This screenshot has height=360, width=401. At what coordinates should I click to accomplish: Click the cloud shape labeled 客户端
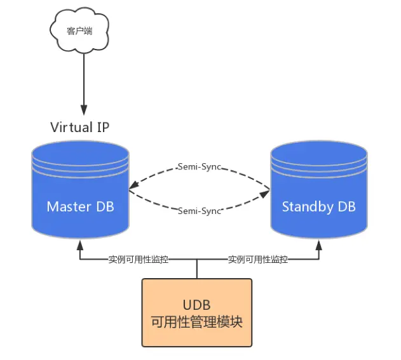(79, 32)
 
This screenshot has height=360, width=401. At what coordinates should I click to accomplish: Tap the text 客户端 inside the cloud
(79, 30)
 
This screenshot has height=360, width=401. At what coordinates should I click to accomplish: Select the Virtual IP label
(79, 127)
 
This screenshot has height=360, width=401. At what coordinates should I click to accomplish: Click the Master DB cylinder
(80, 190)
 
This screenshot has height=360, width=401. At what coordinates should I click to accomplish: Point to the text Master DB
(80, 207)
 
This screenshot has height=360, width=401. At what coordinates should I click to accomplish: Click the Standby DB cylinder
(319, 190)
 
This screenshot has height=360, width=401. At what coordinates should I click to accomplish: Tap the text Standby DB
(319, 207)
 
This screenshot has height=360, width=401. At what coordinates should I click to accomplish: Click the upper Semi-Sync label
(199, 166)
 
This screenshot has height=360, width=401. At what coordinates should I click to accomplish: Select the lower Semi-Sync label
(199, 210)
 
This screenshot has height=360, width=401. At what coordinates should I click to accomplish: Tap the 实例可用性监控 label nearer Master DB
(138, 260)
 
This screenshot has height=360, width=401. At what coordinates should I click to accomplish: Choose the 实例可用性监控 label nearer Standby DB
(257, 260)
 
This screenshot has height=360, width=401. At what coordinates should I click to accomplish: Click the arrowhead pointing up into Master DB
(80, 244)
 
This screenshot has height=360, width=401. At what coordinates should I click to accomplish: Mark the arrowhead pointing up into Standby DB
(319, 244)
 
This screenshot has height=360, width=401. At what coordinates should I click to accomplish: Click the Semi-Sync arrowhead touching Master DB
(132, 189)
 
